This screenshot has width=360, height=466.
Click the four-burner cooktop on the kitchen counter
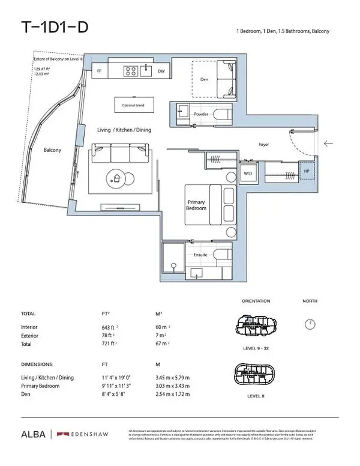pos(130,71)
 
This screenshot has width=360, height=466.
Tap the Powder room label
pos(200,114)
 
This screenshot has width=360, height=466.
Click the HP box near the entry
pos(306,170)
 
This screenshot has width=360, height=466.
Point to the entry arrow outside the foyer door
pos(328,144)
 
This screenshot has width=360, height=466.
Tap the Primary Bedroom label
pos(196,205)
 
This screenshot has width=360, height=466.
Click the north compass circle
pos(310,324)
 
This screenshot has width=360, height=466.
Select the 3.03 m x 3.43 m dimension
pos(172,386)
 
